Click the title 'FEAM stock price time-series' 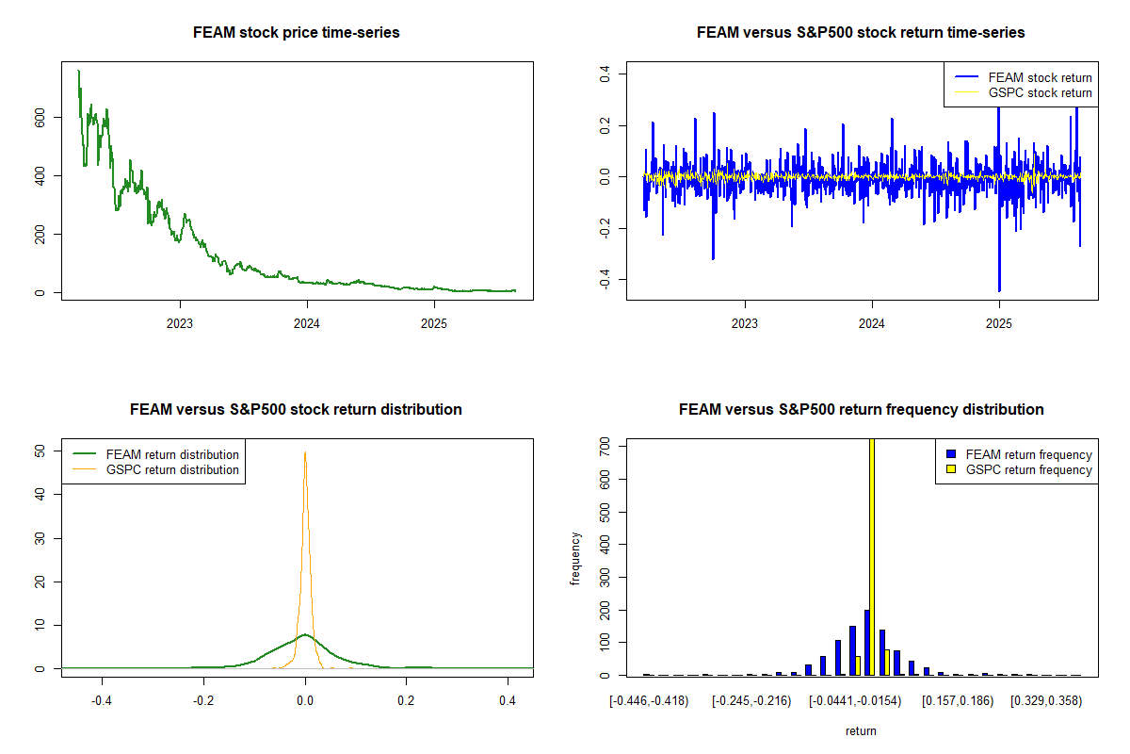click(296, 33)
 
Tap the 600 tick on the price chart click(40, 117)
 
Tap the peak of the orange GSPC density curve click(305, 452)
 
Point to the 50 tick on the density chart click(40, 451)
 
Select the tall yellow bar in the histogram click(872, 556)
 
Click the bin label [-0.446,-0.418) click(649, 701)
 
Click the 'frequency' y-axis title click(576, 558)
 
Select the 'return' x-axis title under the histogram click(861, 730)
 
